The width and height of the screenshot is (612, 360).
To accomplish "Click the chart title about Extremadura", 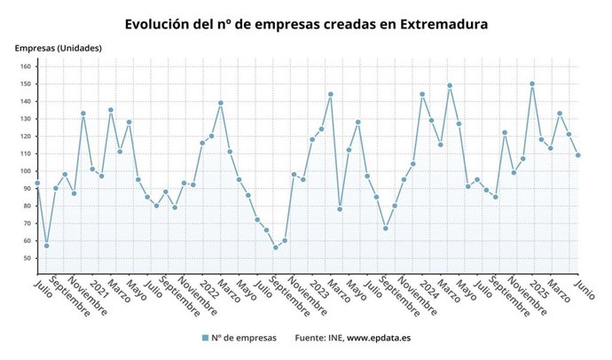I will tap(306, 24).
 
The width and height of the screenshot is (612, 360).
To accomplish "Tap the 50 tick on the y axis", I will tap(27, 258).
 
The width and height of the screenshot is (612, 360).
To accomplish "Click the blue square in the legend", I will tap(205, 338).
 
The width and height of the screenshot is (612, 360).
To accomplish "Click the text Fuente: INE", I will tap(318, 338).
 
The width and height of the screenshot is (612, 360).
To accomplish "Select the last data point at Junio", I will tap(578, 155).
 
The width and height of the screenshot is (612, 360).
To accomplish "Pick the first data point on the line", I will tap(37, 183).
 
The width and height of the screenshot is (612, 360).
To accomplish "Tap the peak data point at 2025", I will tap(532, 84).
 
